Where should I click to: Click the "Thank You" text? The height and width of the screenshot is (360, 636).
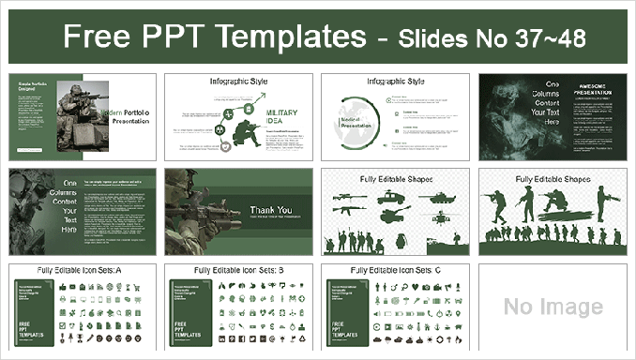tap(270, 210)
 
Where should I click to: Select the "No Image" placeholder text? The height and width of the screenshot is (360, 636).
tap(553, 307)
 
